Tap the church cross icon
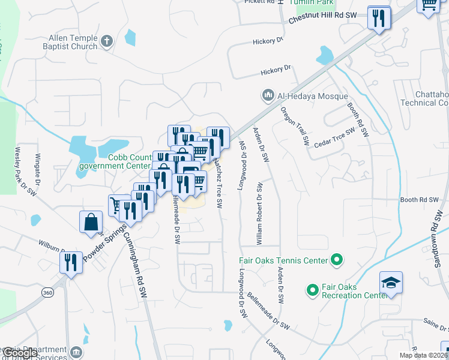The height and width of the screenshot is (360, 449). [x=107, y=41]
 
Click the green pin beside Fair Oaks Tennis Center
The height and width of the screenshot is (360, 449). [x=337, y=260]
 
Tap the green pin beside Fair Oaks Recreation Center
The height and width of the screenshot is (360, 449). [x=312, y=291]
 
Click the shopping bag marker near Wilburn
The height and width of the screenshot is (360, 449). [x=91, y=221]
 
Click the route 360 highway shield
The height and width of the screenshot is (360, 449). [x=47, y=292]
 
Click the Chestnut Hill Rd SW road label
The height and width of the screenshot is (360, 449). [x=331, y=17]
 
